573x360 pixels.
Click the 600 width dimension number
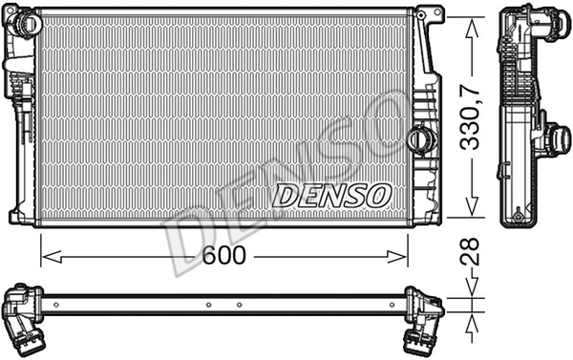224,255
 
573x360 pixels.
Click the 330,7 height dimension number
470,116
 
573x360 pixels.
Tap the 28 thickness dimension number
469,252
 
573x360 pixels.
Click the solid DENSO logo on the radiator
331,195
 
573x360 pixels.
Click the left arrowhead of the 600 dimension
52,257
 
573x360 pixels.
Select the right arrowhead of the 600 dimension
396,257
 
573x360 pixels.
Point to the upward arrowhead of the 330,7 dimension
472,28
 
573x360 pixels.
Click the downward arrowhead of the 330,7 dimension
472,205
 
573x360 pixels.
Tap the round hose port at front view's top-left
27,23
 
